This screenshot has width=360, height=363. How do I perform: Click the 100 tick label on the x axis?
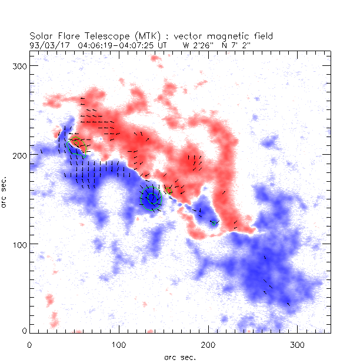[x=119, y=344]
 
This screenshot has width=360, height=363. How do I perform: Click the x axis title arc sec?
[x=179, y=357]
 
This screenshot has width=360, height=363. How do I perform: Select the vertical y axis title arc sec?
[x=5, y=191]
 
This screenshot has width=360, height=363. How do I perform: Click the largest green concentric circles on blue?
[x=151, y=198]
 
